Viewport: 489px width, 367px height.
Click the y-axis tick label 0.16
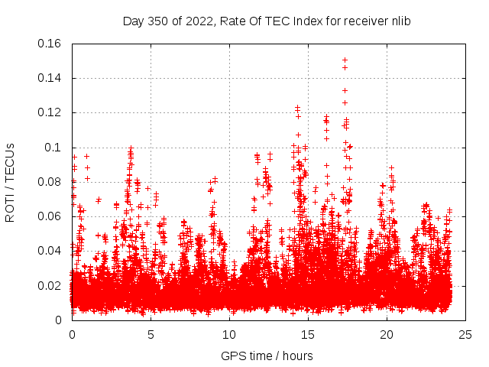pos(50,44)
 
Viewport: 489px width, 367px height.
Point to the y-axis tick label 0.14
pos(50,78)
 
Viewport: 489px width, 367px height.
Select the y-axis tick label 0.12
pos(50,112)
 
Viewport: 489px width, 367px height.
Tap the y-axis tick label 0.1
pos(53,148)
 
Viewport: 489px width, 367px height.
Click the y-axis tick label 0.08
pos(50,182)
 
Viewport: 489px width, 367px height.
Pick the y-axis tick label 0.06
pos(50,216)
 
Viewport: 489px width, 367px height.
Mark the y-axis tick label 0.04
pos(50,251)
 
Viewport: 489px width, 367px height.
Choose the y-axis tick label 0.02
pos(50,286)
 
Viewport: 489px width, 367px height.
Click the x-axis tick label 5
pos(151,334)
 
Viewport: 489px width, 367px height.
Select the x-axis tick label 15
pos(308,334)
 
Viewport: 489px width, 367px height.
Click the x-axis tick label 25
pos(465,334)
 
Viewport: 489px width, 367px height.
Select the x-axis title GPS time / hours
pos(267,356)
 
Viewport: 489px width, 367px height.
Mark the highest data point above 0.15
pos(345,60)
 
